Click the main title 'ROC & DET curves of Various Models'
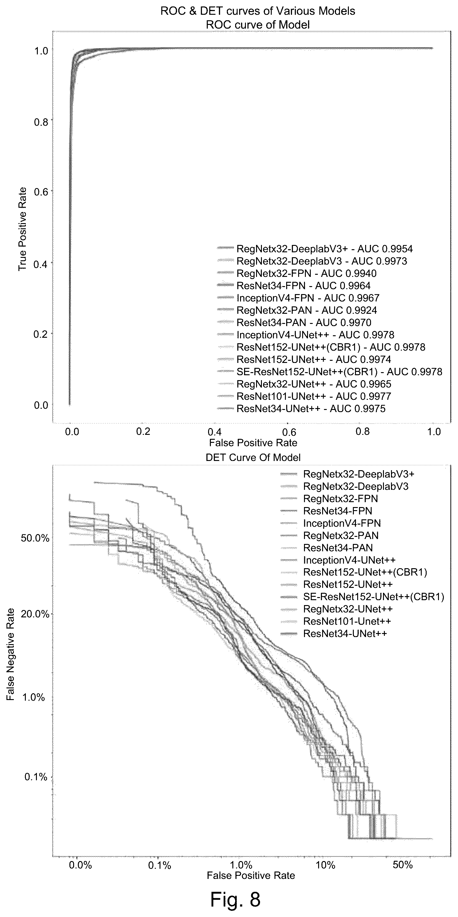258,11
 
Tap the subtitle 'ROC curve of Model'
258,25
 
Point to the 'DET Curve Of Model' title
253,457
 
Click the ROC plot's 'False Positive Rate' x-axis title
253,443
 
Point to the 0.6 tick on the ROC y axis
41,191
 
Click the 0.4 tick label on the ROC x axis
215,431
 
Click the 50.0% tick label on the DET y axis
35,538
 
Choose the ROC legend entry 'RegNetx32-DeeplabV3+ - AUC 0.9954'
325,249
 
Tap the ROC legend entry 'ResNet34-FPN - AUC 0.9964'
303,285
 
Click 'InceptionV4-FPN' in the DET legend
342,523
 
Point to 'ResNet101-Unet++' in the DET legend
347,621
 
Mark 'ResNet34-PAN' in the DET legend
338,548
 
